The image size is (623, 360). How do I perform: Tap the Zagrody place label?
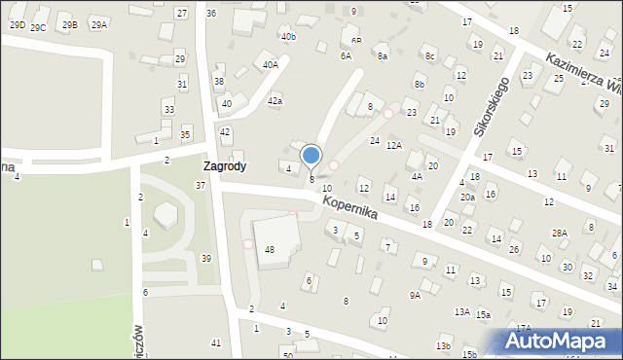pos(224,166)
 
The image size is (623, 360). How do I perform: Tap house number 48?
pos(270,250)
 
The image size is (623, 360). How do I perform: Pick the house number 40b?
pos(287,37)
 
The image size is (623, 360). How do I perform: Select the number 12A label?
pos(393,145)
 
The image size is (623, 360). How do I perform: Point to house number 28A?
pos(559,233)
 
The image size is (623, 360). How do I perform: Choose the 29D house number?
pos(17,24)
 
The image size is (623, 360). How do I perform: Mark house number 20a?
pos(467,198)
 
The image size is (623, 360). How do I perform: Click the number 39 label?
pos(205,258)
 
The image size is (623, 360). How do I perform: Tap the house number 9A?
pos(415,295)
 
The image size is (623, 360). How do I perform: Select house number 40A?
pos(270,64)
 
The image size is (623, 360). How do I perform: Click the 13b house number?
pos(443,346)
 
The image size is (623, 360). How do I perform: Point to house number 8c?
pos(429,56)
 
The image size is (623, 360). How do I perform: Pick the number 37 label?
pos(200,185)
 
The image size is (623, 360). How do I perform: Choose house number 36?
pos(211,13)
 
